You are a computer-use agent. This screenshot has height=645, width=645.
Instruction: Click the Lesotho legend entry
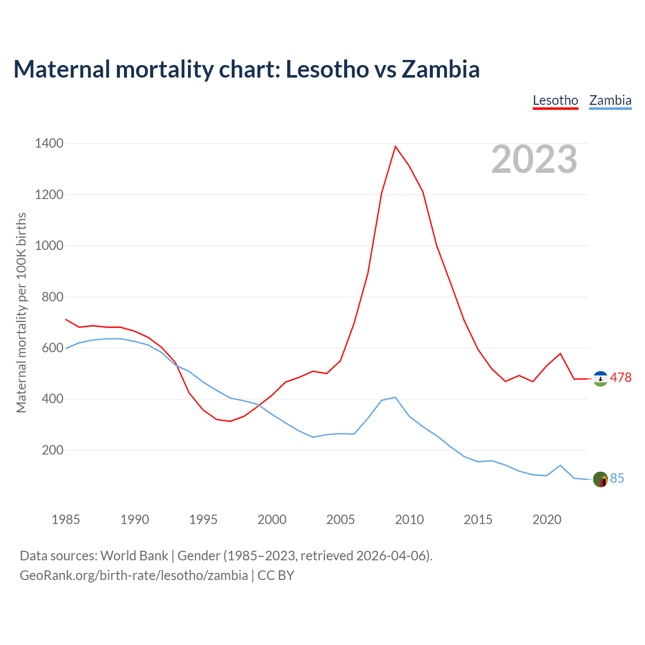555,100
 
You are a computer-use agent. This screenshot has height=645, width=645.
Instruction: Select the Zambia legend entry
610,100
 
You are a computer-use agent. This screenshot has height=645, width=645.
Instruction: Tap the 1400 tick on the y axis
49,144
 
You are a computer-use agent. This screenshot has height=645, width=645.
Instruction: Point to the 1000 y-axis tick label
49,246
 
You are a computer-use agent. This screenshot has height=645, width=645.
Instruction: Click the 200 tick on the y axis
52,450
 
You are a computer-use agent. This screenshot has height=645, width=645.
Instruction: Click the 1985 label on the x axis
66,520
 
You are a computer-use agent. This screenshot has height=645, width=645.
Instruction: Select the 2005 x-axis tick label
341,520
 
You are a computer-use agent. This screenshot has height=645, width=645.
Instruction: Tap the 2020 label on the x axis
547,520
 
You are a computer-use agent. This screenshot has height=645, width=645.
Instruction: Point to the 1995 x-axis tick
203,520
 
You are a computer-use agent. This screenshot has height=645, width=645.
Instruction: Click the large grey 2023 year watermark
534,160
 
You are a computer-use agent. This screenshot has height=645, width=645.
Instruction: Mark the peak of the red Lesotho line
396,147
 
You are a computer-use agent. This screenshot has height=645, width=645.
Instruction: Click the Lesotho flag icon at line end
600,378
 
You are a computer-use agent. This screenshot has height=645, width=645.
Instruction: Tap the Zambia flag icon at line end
600,479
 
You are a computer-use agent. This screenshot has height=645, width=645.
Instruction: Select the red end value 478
621,378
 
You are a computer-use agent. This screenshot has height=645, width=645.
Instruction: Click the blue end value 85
617,479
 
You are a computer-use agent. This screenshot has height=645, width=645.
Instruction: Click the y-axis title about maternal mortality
21,312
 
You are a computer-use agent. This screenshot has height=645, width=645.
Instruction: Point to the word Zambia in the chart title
440,69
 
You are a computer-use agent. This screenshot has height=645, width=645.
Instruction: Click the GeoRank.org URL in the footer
134,575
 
